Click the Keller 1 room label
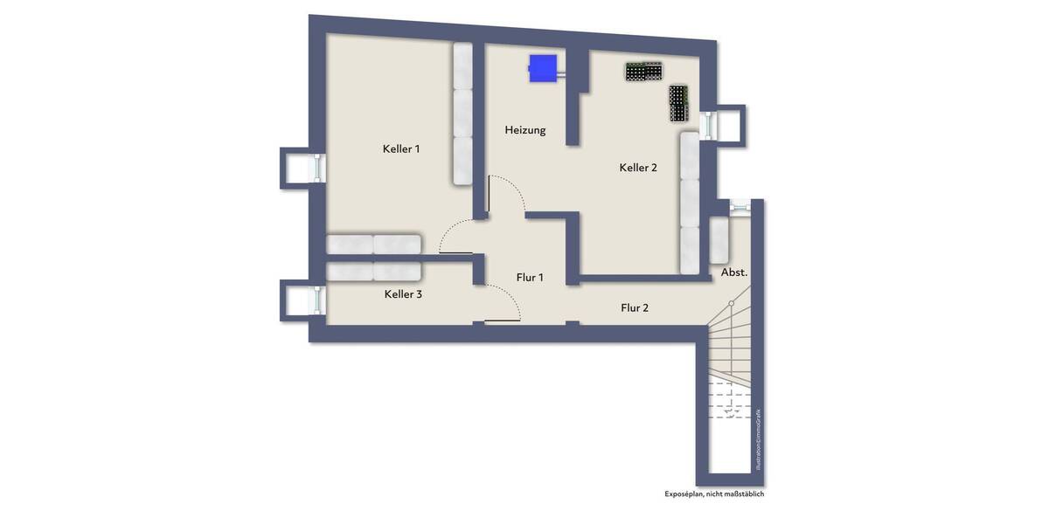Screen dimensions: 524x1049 click(401, 149)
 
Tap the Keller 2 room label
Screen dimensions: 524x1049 click(638, 168)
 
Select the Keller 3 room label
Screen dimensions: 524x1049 click(403, 294)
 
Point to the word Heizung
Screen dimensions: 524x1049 click(525, 130)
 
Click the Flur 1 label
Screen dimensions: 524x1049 click(530, 278)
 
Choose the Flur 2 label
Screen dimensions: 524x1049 click(635, 307)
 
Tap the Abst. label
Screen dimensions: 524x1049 click(734, 272)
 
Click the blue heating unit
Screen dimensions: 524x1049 click(543, 68)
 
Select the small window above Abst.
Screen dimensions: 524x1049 click(740, 206)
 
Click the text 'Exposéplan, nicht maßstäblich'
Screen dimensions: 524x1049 click(714, 494)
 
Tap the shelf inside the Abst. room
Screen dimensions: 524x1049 click(719, 239)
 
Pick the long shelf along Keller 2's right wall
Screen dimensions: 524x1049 click(690, 203)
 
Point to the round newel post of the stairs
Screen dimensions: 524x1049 click(732, 303)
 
